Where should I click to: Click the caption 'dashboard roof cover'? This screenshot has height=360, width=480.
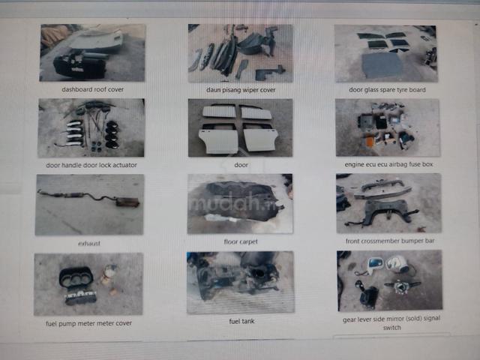tap(93, 89)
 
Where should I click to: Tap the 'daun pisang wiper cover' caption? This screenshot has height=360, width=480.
tap(241, 90)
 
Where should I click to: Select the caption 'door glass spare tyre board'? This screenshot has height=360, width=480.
tap(387, 90)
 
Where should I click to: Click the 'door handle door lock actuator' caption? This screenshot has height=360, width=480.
tap(91, 165)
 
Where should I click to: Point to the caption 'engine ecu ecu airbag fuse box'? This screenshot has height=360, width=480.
tap(388, 164)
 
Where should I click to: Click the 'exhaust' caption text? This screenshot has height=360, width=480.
tap(89, 243)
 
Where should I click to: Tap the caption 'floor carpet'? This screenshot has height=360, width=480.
tap(241, 241)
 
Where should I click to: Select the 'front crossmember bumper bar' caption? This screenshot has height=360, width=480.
tap(390, 241)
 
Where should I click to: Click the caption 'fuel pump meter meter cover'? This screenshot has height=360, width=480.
tap(88, 323)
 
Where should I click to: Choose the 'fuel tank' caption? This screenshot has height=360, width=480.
tap(241, 321)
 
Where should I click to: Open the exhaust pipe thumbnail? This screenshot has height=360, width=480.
tap(89, 205)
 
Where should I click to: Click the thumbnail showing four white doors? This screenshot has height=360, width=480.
tap(240, 127)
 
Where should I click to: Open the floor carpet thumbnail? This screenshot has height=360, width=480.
tap(240, 203)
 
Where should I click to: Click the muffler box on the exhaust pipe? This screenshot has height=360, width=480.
tap(127, 202)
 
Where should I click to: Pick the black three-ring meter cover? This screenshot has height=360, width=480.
tap(76, 277)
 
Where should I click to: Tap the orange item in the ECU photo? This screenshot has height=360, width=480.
tap(370, 141)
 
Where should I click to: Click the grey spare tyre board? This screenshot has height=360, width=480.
tap(382, 65)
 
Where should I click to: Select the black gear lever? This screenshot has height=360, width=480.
tap(367, 295)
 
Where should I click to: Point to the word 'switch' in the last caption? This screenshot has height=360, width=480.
tap(391, 328)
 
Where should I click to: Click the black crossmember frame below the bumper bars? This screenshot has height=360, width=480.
tap(386, 211)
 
